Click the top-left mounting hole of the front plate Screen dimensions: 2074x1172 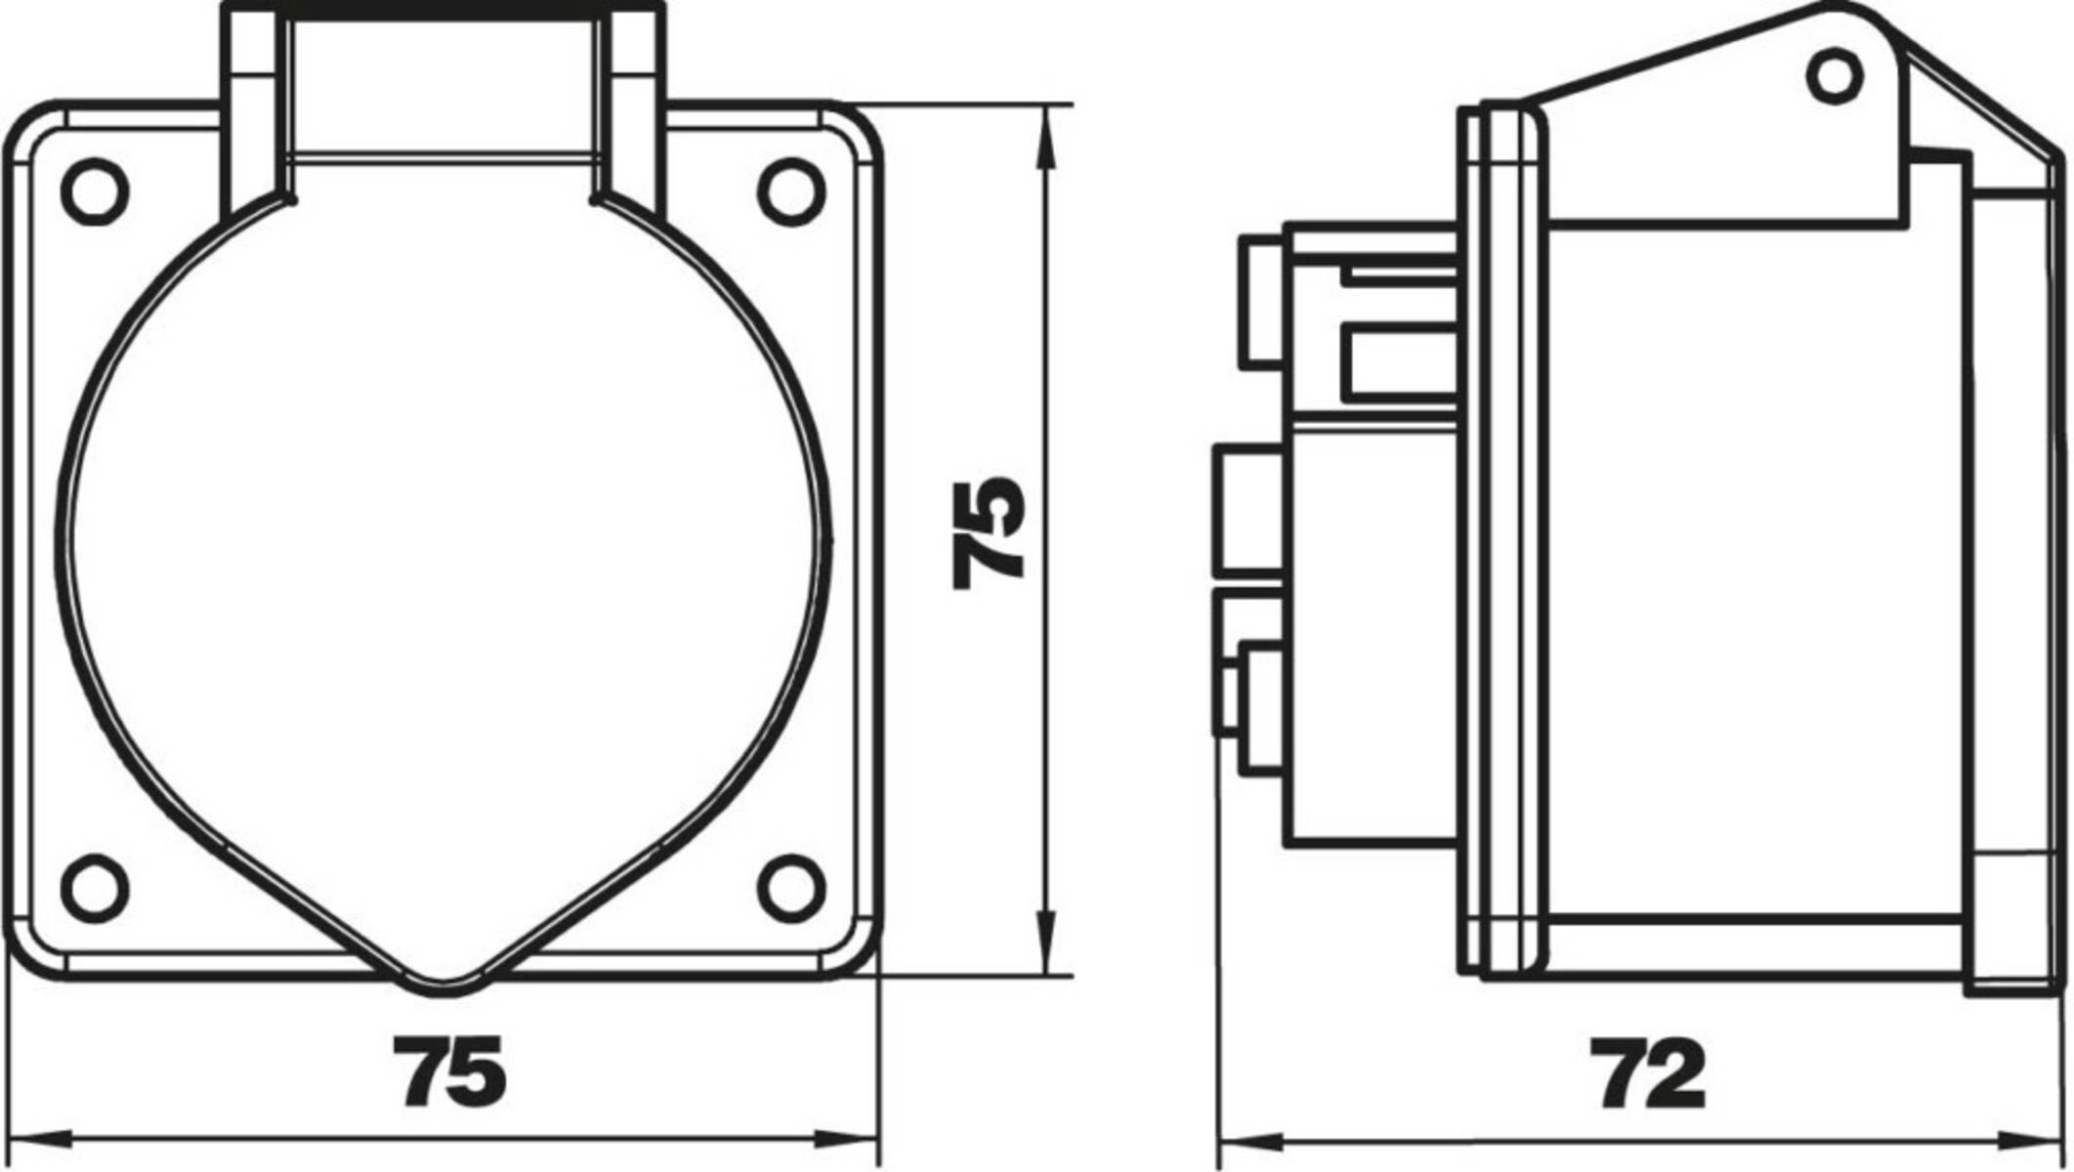[x=95, y=191]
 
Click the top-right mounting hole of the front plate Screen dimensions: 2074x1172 [x=791, y=191]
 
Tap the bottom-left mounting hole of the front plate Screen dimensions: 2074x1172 [x=95, y=888]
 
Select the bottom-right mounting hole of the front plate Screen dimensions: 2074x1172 [x=791, y=888]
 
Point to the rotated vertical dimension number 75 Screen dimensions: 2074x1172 [x=989, y=532]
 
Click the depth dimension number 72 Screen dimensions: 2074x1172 [x=1648, y=1071]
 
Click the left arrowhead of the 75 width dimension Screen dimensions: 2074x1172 [x=39, y=1139]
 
